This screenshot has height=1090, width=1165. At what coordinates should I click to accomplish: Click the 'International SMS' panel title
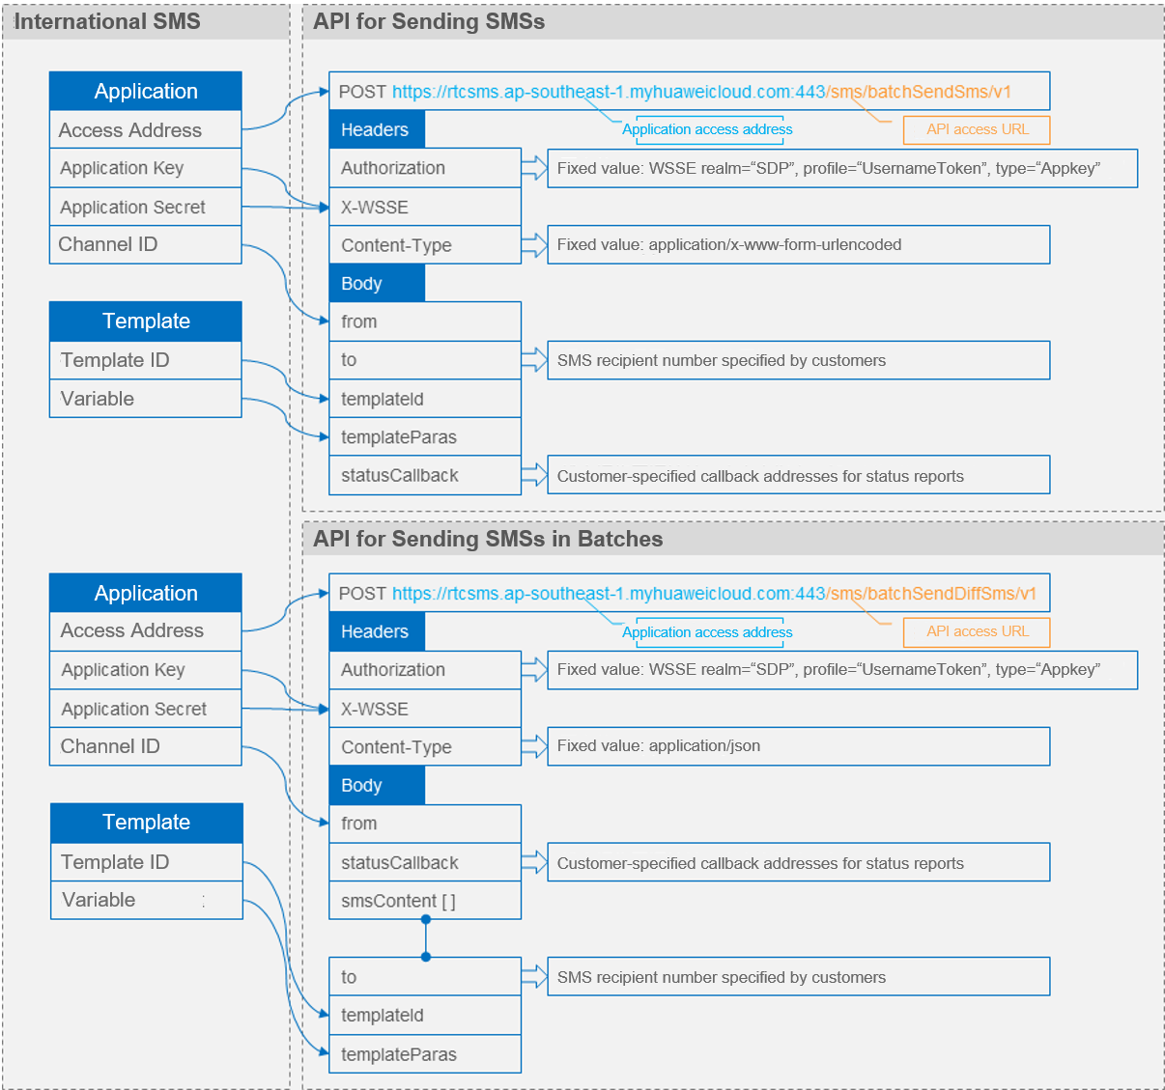click(107, 21)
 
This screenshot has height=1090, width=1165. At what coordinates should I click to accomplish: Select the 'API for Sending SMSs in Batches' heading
click(488, 539)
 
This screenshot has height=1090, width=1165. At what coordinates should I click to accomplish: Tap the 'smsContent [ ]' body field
click(425, 900)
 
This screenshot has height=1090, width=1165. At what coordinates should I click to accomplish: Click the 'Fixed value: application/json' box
click(798, 746)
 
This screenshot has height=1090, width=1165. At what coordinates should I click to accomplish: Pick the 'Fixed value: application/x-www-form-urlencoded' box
click(798, 244)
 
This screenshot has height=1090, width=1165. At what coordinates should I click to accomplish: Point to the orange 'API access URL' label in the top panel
click(976, 129)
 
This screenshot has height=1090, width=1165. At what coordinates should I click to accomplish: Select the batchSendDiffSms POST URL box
click(690, 593)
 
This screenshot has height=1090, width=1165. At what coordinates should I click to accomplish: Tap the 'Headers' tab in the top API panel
click(377, 129)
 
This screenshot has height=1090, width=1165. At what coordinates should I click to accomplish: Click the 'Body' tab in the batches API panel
click(377, 785)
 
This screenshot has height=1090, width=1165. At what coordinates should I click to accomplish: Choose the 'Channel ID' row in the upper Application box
click(146, 244)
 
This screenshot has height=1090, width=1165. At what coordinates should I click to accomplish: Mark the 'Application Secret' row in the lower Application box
click(146, 709)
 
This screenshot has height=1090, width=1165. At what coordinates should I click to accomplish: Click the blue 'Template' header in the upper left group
click(146, 321)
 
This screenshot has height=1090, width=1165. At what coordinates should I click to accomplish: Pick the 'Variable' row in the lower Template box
click(147, 900)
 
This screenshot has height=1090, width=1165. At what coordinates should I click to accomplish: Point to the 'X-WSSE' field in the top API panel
click(425, 207)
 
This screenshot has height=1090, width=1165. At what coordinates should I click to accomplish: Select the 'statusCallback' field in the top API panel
click(425, 475)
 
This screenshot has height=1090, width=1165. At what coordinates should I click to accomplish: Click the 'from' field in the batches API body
click(425, 824)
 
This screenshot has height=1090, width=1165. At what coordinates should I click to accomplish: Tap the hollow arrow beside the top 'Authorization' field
click(534, 168)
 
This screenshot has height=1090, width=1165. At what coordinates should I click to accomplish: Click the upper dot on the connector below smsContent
click(426, 919)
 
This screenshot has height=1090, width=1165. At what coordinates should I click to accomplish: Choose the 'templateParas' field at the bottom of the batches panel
click(425, 1053)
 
